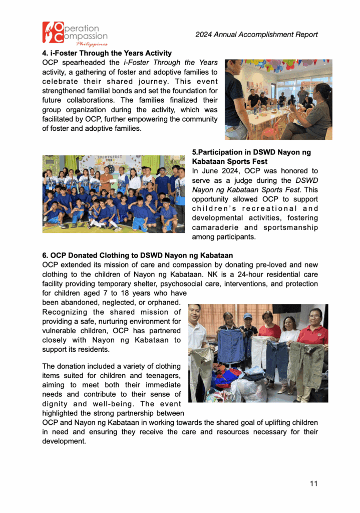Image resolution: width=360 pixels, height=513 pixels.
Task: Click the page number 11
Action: [314, 483]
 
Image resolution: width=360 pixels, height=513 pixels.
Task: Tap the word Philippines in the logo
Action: [91, 44]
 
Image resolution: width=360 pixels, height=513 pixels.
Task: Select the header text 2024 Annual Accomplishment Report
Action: [257, 35]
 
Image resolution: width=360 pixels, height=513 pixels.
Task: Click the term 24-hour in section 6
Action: [262, 274]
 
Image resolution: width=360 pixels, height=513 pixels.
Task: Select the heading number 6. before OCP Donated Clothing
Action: [46, 255]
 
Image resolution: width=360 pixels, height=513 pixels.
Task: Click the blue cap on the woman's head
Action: [247, 316]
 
